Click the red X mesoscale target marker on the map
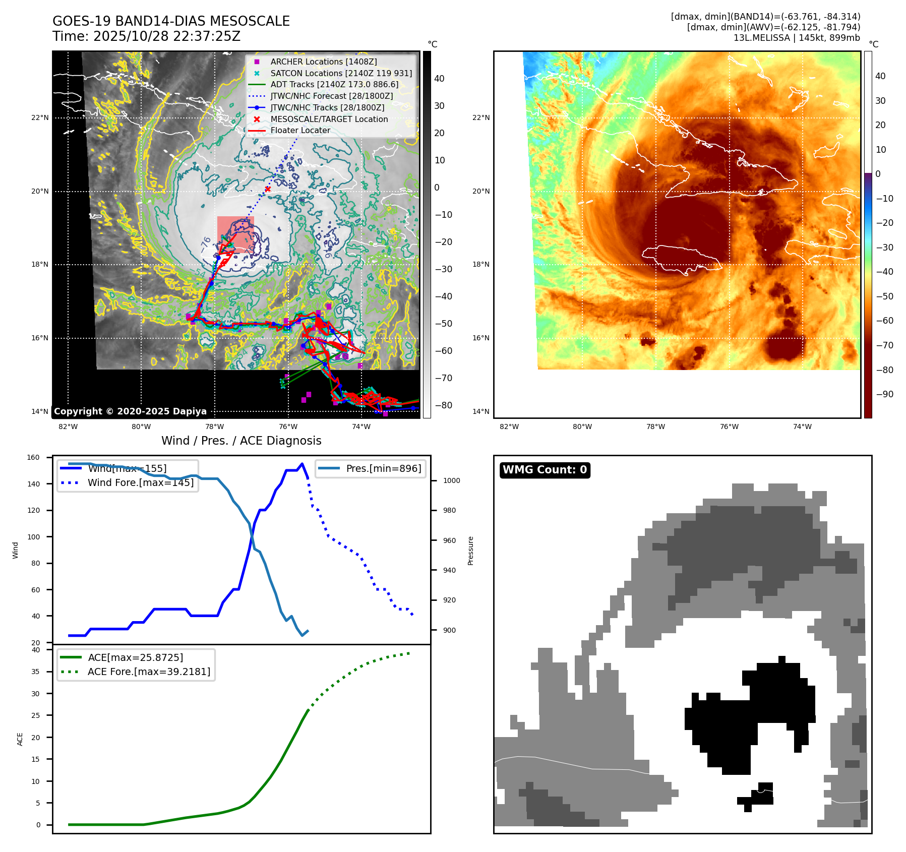268,190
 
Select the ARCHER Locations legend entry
323,62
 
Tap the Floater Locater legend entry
300,130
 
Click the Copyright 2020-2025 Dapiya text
130,411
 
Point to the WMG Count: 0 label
545,470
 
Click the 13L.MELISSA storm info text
797,38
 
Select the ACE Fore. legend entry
149,672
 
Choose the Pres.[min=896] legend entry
383,468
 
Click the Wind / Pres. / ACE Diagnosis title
241,441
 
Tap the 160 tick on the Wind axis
33,458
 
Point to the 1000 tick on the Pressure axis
451,480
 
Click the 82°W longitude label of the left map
68,427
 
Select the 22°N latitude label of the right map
480,117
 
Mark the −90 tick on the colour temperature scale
884,394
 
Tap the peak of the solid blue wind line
302,464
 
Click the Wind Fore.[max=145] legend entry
140,482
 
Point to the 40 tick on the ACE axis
36,650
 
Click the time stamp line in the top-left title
146,36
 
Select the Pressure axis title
470,551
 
